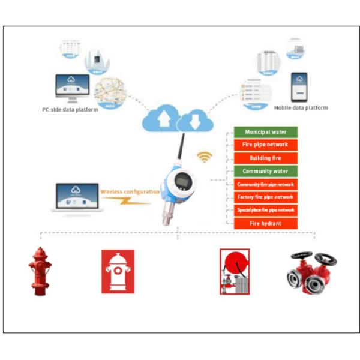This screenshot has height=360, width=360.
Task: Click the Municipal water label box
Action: click(265, 131)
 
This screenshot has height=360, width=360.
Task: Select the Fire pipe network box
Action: click(265, 145)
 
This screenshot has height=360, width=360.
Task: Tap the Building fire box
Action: click(265, 158)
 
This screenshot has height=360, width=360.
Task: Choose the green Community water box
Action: click(265, 171)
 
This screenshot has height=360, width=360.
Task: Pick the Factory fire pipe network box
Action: click(265, 197)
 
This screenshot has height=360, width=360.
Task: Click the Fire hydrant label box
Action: click(265, 223)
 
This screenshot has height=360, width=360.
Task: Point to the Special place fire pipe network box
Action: click(265, 210)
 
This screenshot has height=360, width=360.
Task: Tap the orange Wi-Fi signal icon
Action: click(205, 157)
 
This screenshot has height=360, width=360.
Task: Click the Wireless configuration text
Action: click(130, 192)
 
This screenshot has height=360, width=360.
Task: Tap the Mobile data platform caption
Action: click(301, 108)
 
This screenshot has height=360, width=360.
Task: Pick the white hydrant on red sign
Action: click(118, 271)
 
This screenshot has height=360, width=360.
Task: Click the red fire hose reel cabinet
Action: click(235, 271)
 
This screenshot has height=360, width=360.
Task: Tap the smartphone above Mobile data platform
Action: click(299, 87)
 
